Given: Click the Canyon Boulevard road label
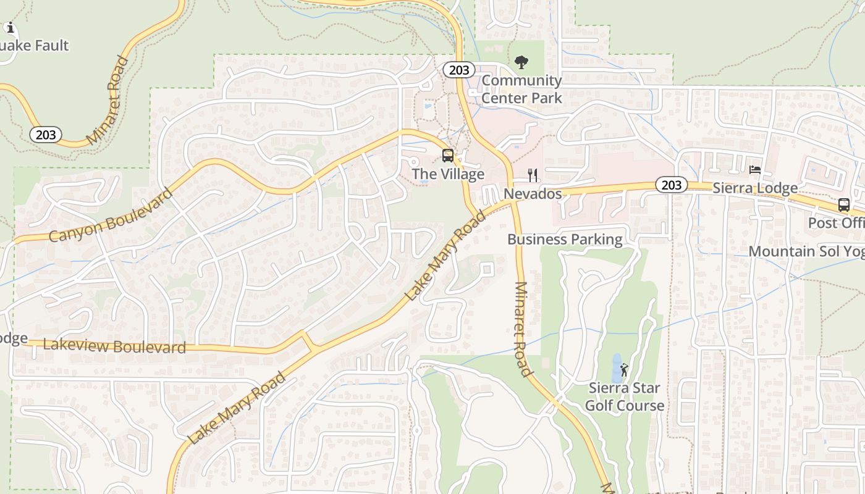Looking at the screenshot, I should click(x=110, y=216).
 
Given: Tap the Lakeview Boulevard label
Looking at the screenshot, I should click(x=114, y=346).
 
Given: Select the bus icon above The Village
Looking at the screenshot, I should click(x=448, y=156).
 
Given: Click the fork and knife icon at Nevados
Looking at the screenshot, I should click(x=533, y=175).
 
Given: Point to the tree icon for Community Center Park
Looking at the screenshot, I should click(x=521, y=62).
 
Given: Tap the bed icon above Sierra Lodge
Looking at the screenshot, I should click(x=754, y=170).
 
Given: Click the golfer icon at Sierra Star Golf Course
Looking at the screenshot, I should click(x=624, y=370).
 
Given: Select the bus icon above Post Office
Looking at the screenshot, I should click(x=843, y=205).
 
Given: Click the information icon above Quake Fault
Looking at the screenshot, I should click(x=10, y=27).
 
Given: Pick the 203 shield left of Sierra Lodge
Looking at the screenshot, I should click(x=671, y=185).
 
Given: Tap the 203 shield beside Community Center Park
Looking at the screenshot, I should click(x=459, y=70).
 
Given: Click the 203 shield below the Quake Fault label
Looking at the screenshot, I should click(x=46, y=135).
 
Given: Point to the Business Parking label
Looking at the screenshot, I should click(x=565, y=239).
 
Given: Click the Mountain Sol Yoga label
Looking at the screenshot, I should click(x=806, y=251).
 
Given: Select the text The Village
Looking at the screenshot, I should click(x=448, y=174).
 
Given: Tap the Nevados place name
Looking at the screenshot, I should click(x=533, y=194).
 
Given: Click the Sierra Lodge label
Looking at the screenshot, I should click(x=754, y=188).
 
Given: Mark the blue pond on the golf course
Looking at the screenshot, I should click(x=616, y=368).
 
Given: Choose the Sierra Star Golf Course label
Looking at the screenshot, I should click(x=624, y=396).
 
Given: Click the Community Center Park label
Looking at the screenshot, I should click(x=521, y=89).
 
